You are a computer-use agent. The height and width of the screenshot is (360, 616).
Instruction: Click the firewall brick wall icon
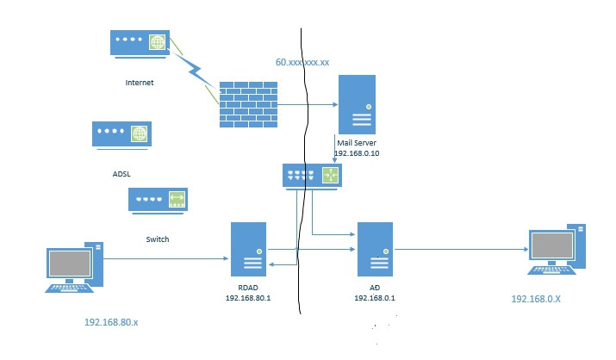pos(248,105)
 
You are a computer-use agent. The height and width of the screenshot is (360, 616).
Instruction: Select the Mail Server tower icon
pos(357,103)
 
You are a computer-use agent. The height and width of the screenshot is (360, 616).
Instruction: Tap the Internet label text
pos(140,84)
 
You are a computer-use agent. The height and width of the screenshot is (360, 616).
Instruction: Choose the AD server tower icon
pos(375,251)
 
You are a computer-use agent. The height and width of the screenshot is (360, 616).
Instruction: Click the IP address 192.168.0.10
pos(357,152)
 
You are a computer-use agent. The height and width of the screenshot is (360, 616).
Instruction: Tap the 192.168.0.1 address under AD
pos(375,298)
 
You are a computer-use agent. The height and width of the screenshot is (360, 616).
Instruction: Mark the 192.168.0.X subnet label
pos(536,299)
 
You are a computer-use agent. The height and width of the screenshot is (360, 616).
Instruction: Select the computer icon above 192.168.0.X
pos(555,250)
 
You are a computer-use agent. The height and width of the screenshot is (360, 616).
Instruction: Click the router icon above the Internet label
pos(140,44)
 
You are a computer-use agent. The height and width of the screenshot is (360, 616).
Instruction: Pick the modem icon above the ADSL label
pos(121,134)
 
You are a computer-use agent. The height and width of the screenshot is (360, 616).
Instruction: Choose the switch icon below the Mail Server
pos(312,176)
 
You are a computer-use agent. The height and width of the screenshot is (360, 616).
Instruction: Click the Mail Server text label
pos(357,142)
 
